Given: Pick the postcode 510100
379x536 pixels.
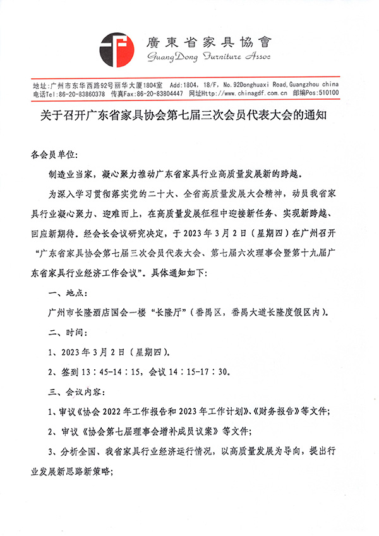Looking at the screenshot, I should click(330, 93).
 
